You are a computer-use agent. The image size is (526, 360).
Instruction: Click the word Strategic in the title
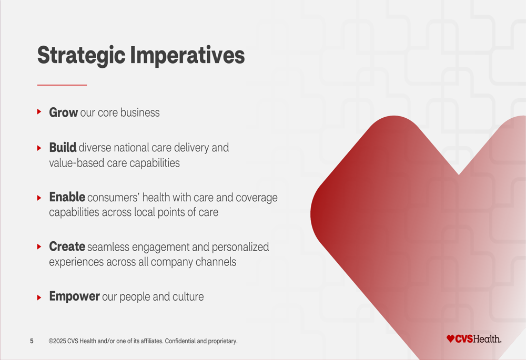click(81, 56)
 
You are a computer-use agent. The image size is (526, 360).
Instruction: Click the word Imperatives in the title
click(187, 56)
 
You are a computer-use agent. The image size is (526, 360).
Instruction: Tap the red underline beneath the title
click(62, 85)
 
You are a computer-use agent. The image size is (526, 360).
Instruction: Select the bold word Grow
click(64, 112)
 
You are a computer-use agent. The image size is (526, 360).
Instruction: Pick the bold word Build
click(63, 148)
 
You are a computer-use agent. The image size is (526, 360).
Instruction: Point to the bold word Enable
click(67, 197)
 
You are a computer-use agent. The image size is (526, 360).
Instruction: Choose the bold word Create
click(67, 246)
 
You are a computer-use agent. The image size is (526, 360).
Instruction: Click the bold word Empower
click(75, 296)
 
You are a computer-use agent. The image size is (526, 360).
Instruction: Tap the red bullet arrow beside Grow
click(39, 111)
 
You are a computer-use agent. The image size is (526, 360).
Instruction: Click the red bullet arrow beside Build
click(39, 148)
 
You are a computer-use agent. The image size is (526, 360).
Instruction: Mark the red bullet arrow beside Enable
click(39, 198)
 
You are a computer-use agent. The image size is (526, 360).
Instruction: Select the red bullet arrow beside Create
click(39, 246)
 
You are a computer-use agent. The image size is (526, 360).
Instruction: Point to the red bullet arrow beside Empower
click(39, 297)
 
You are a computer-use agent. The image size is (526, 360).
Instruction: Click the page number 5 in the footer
click(32, 341)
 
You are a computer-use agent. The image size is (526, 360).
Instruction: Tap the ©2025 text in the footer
click(57, 341)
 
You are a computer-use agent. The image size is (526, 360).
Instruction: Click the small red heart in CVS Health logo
click(451, 338)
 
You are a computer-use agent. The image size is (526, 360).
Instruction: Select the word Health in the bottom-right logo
click(487, 339)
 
